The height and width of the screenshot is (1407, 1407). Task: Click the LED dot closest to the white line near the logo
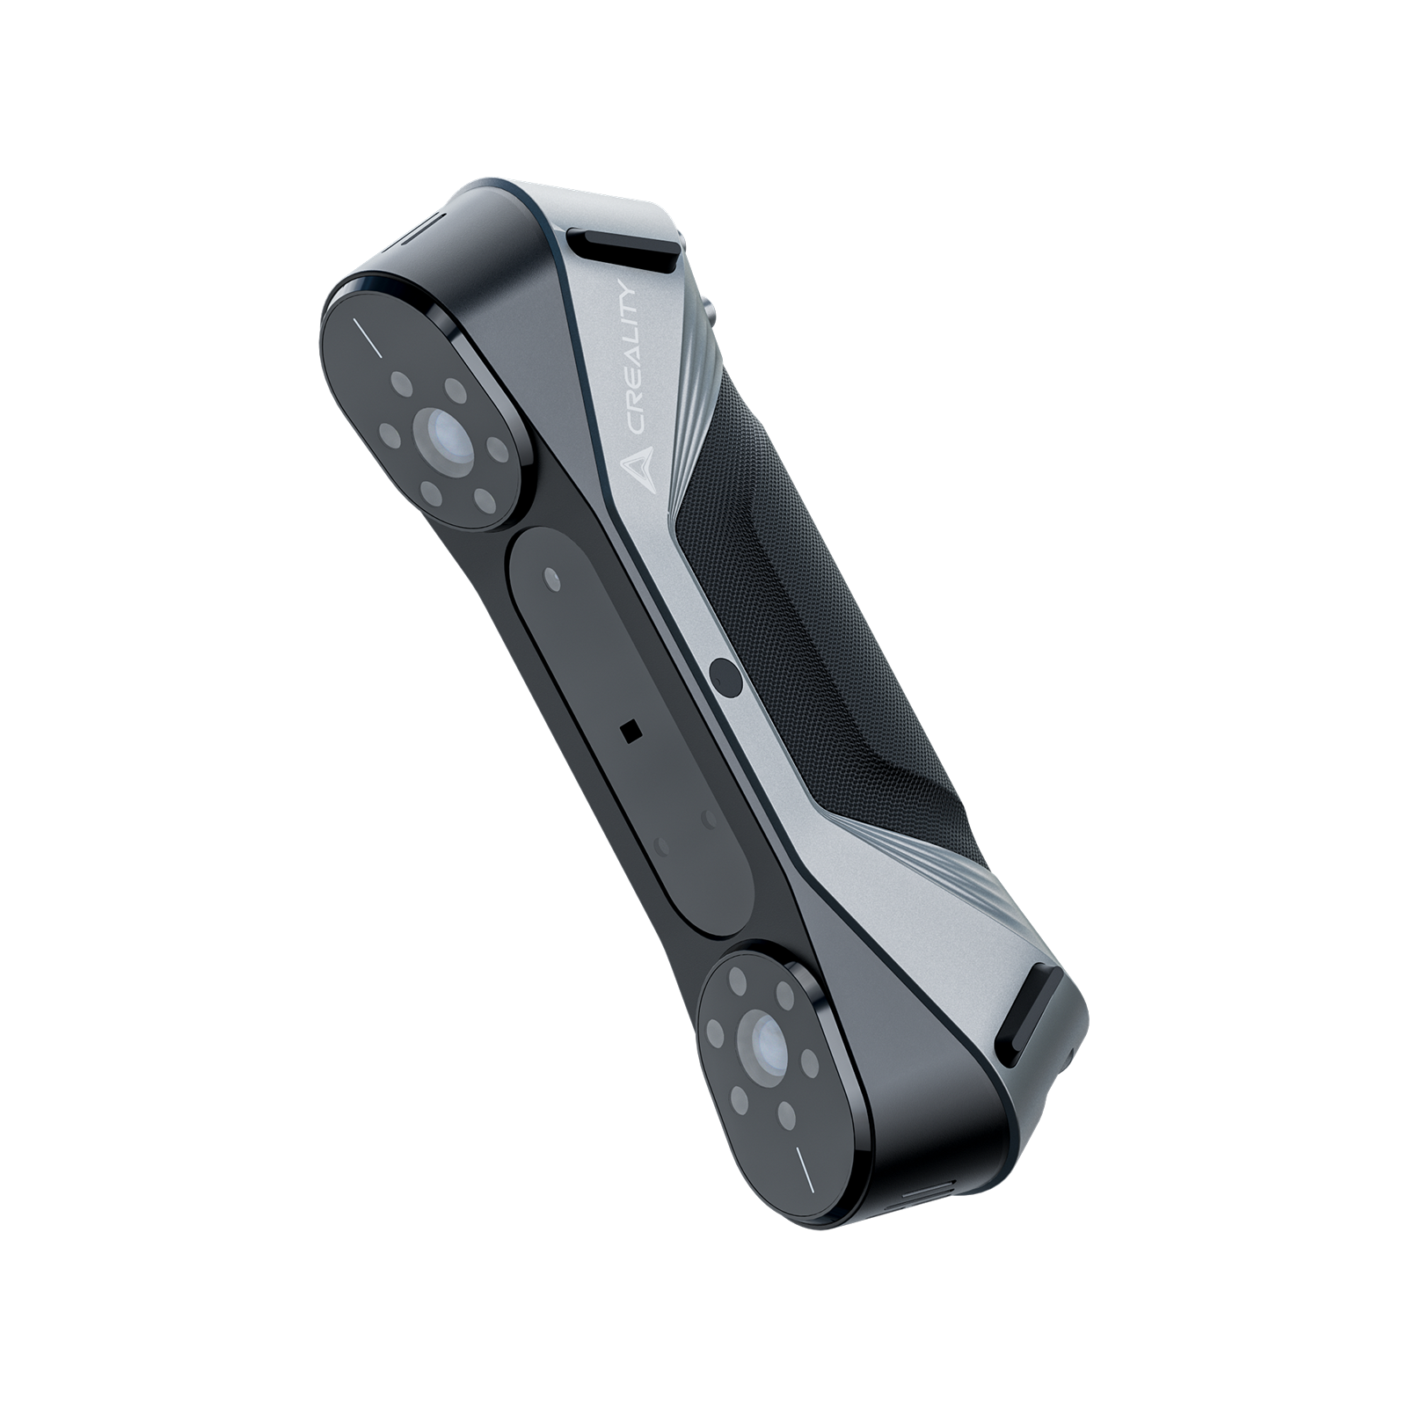402,384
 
